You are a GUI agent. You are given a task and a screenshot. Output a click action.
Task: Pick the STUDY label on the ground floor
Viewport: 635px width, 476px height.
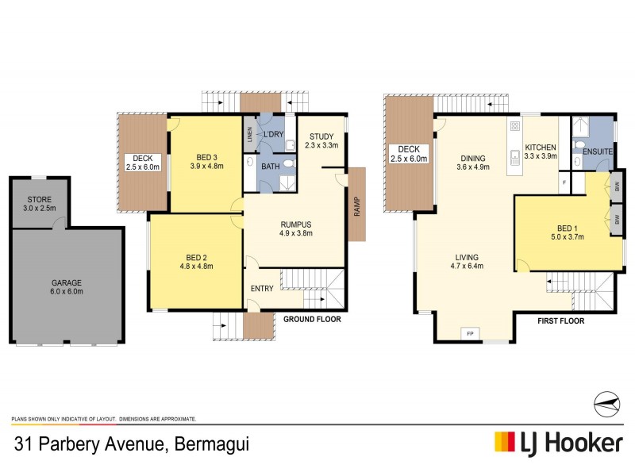tap(321, 136)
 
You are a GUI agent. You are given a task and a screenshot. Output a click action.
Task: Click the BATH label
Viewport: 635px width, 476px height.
tap(271, 167)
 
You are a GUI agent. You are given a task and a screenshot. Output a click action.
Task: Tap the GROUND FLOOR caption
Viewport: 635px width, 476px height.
tap(312, 320)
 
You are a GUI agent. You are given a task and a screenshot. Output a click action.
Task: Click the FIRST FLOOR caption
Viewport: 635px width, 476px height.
tap(560, 321)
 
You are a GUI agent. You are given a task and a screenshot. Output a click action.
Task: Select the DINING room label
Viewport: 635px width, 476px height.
tap(472, 157)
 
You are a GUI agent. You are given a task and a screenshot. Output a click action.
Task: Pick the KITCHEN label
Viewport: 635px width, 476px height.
tap(540, 148)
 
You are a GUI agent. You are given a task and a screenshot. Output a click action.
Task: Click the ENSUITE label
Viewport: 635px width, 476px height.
tap(598, 151)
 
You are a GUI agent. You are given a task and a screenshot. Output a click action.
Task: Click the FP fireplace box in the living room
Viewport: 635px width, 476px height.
tap(470, 332)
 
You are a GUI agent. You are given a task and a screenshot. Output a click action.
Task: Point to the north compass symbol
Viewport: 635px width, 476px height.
tap(606, 402)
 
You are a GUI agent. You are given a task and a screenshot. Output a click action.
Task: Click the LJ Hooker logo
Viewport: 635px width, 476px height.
tap(558, 442)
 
